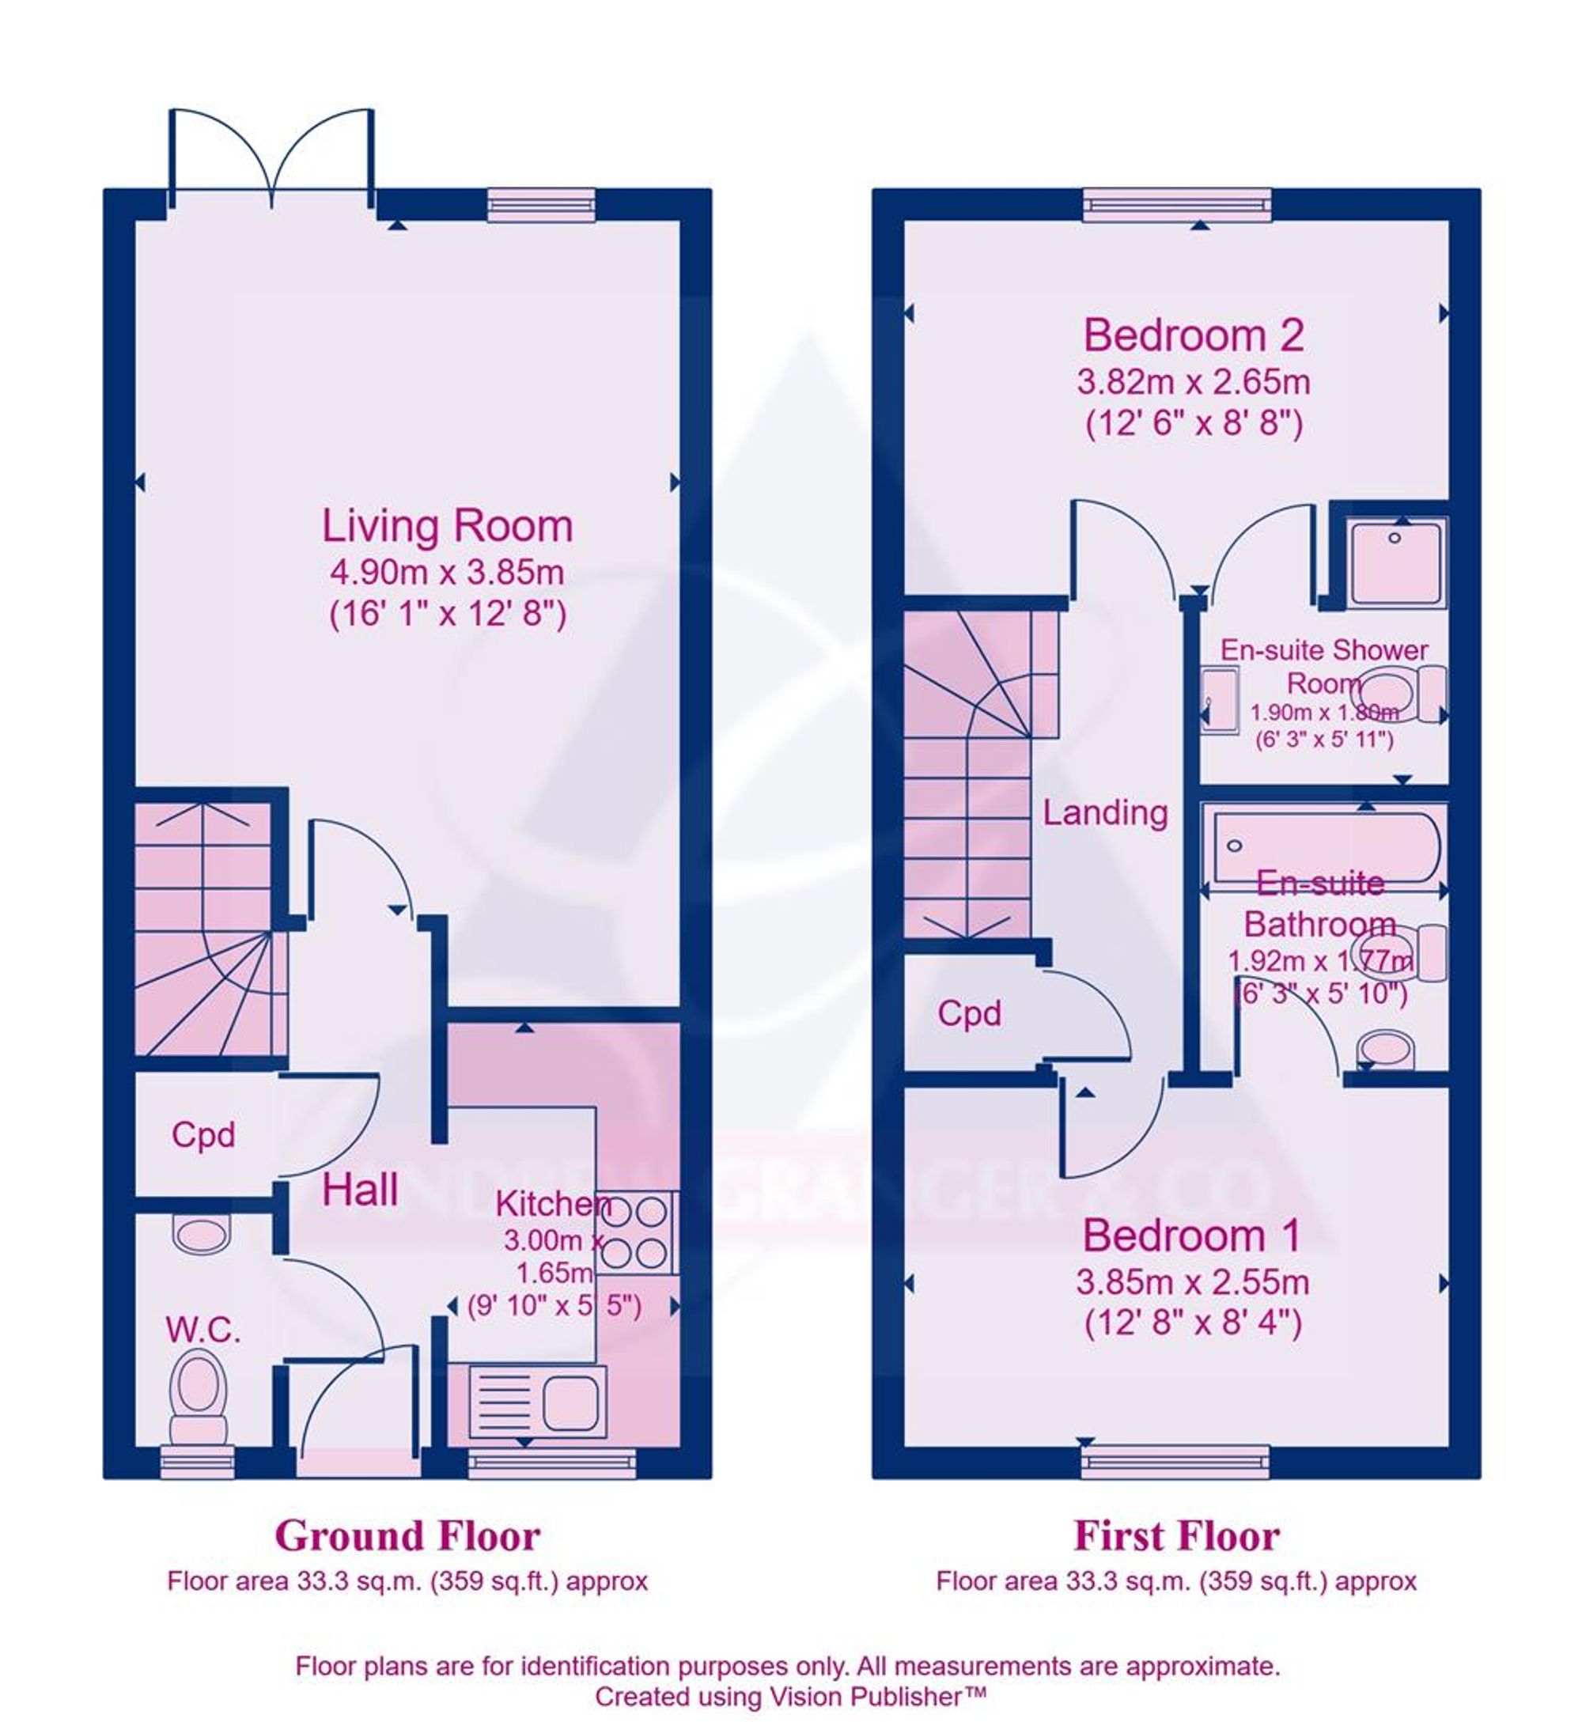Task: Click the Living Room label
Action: pos(447,526)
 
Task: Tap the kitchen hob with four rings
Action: pos(634,1233)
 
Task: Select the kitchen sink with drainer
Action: pos(538,1406)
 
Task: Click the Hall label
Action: pos(360,1190)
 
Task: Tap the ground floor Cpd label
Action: pos(202,1135)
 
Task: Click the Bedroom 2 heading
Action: pos(1194,335)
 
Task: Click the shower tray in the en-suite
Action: pos(1396,564)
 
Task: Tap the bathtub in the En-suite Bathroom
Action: pos(1323,846)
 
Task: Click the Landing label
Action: pos(1105,812)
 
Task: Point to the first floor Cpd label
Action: pos(969,1013)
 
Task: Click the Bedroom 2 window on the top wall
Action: pos(1176,205)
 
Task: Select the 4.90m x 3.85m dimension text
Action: pos(447,572)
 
